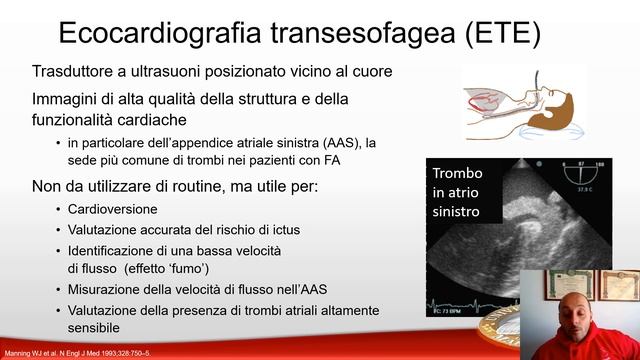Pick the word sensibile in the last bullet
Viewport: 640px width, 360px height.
(x=94, y=327)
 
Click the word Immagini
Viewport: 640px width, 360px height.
(x=65, y=99)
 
